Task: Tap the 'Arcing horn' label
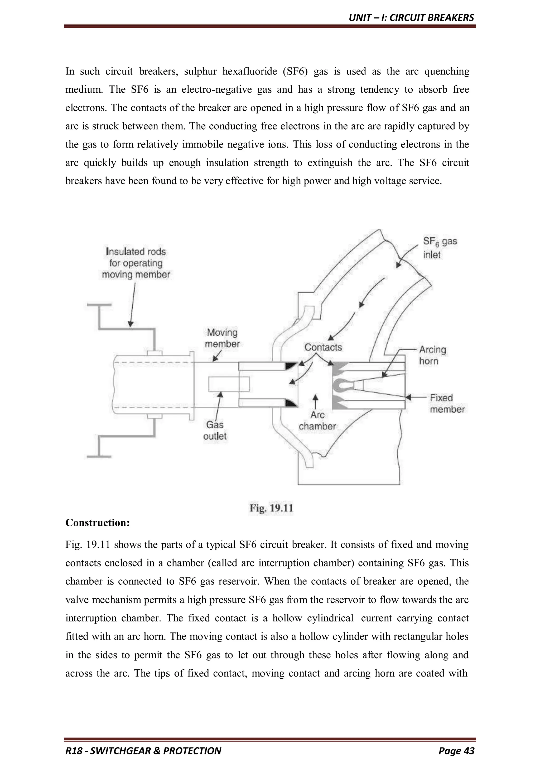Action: pos(432,355)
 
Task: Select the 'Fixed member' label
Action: pos(447,403)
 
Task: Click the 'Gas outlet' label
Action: pos(215,430)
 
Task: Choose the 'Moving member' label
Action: pos(222,338)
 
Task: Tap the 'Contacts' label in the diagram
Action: pos(323,347)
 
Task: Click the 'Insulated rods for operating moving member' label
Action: pos(136,263)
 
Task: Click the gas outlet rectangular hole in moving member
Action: pos(229,384)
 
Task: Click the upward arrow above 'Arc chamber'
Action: pos(315,402)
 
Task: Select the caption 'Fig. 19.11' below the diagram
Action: pos(271,508)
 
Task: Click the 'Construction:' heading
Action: pos(97,523)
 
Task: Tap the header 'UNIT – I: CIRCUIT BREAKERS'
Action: pos(411,18)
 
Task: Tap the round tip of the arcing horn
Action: pos(341,385)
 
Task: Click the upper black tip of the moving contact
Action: pos(291,366)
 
